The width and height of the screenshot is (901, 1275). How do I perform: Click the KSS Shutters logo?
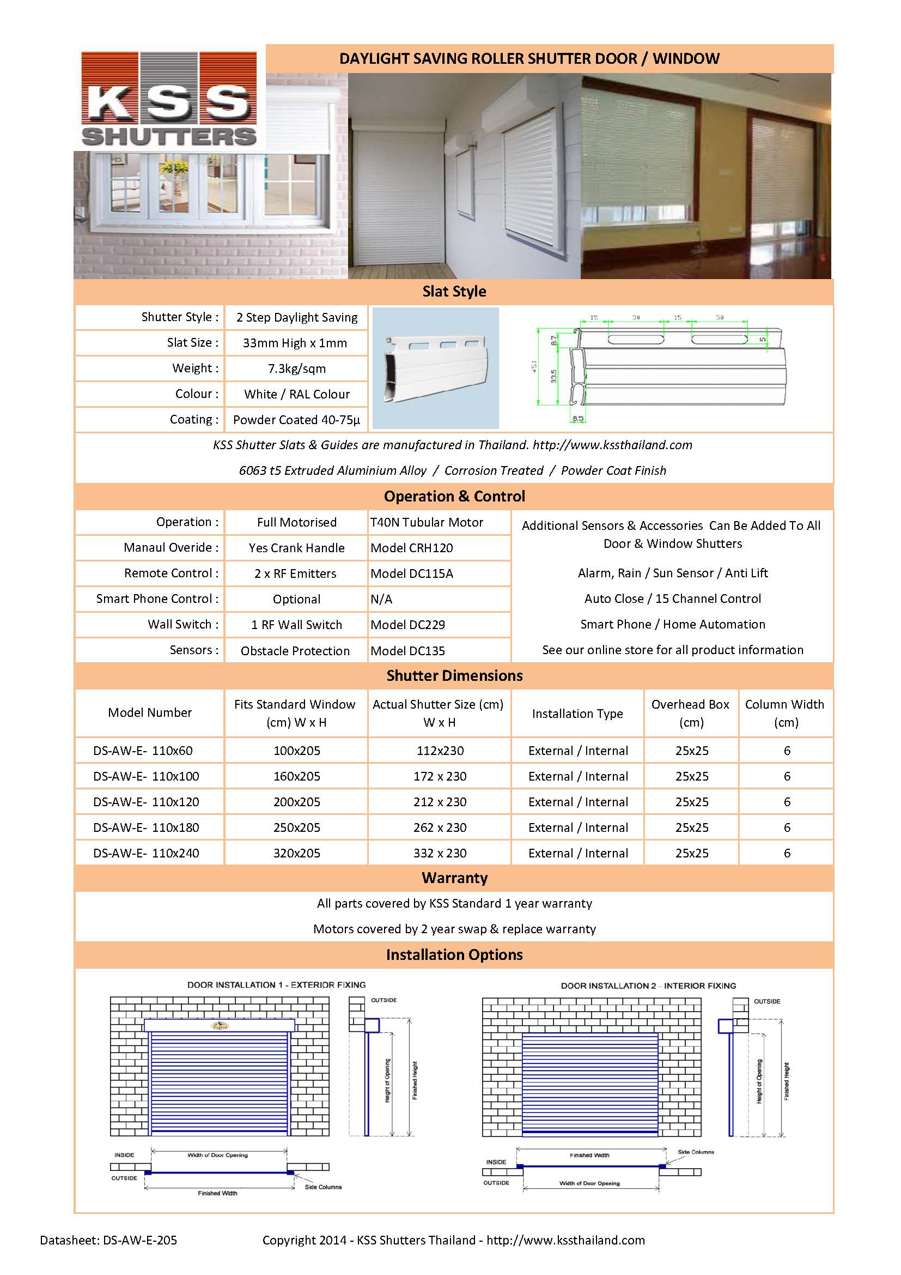169,99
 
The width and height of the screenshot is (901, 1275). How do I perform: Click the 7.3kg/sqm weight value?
296,368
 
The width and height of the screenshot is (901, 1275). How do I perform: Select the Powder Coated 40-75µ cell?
296,420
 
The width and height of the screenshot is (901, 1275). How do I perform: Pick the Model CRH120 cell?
412,548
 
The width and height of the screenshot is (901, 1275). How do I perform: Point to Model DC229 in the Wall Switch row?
408,625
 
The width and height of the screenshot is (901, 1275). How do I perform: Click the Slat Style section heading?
454,292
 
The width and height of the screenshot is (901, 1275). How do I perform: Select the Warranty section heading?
454,878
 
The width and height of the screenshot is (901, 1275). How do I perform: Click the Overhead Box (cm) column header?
691,713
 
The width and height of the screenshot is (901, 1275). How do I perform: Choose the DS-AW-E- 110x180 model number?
146,827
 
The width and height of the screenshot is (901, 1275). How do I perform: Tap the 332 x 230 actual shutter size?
440,853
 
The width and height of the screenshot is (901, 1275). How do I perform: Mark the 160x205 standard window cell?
296,776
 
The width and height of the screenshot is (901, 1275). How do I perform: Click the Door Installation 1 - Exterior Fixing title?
276,984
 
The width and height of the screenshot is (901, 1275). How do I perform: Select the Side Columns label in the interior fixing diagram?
696,1152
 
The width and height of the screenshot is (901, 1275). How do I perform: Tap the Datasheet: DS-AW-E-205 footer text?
108,1240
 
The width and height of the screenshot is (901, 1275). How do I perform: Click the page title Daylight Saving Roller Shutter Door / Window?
529,59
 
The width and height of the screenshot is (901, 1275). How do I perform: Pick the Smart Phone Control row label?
157,599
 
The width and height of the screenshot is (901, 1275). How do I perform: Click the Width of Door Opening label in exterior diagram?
217,1155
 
